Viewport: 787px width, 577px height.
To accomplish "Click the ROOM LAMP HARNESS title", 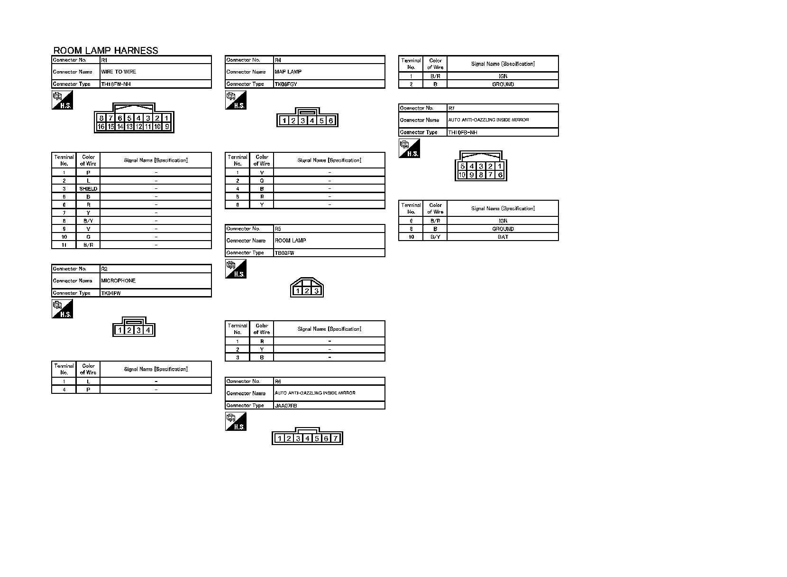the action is [106, 51].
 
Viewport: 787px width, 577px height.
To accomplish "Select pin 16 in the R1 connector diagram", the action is [101, 127].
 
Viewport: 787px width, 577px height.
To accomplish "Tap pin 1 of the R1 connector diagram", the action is [167, 118].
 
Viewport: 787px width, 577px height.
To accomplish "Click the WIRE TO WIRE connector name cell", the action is [119, 72].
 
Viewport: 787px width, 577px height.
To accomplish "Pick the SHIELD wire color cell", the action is [88, 189].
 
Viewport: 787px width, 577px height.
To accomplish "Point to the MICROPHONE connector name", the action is [119, 281].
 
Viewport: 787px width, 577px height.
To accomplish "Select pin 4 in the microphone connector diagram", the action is [148, 330].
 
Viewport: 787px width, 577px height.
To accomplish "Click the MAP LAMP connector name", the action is [288, 72].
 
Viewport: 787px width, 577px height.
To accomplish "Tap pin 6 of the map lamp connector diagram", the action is [331, 121].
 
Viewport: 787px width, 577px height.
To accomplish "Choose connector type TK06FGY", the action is [286, 84].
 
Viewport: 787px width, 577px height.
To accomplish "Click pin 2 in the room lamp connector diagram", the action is [307, 291].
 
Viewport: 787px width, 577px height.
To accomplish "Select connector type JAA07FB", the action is [286, 406].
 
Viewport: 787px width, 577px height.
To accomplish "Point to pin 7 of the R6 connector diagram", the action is [335, 438].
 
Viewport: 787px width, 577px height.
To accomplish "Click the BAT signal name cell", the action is [503, 237].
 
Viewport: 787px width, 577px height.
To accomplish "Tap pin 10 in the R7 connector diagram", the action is [462, 175].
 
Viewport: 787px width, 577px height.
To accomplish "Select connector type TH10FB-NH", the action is [463, 133].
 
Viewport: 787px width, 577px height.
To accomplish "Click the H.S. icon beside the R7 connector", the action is [409, 149].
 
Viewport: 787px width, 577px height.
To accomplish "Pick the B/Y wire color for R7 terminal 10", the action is [435, 237].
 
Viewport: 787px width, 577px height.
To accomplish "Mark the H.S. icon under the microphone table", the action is [62, 309].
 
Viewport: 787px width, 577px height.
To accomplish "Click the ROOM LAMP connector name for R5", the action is [291, 241].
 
